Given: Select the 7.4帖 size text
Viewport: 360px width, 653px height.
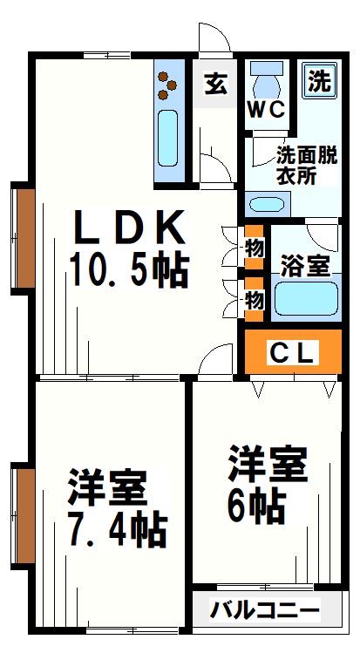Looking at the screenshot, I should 117,528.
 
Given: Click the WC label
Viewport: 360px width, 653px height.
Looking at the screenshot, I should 264,110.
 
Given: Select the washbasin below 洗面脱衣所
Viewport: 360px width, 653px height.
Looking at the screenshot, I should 266,206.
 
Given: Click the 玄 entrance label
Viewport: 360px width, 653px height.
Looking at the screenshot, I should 215,85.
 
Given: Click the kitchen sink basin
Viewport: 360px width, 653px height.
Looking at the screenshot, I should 168,138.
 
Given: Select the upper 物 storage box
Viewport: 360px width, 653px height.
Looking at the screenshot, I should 254,247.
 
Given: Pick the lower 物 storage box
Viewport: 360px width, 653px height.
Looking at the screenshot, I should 254,299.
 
